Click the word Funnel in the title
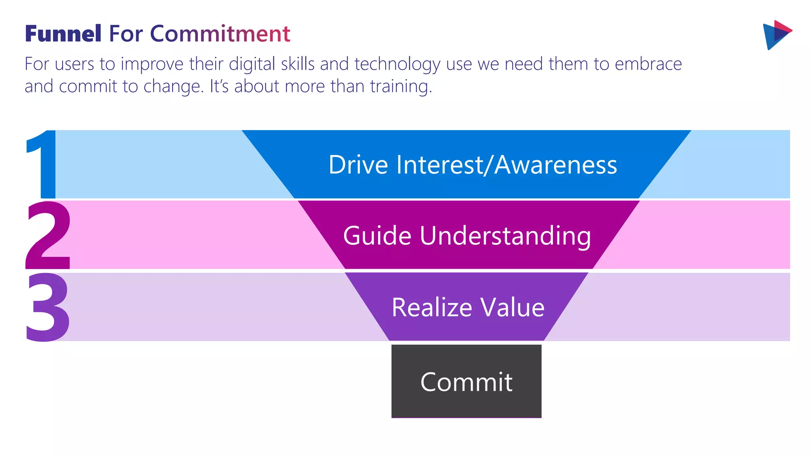tap(63, 34)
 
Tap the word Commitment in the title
tap(220, 34)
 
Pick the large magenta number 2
tap(48, 235)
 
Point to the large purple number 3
tap(47, 307)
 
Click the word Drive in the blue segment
tap(358, 165)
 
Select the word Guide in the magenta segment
tap(377, 236)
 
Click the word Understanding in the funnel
tap(505, 236)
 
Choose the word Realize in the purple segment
tap(432, 307)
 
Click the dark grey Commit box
tap(466, 381)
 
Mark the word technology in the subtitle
tap(397, 64)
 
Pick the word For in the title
tap(125, 34)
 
